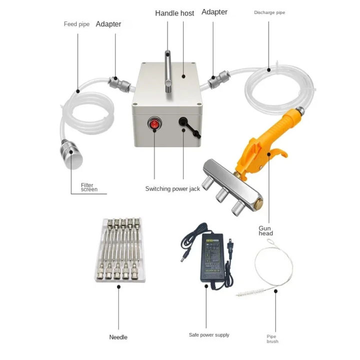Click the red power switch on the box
click(154, 123)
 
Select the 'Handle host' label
click(174, 13)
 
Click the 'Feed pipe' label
click(76, 24)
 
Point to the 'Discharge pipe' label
click(269, 12)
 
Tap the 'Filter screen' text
click(88, 187)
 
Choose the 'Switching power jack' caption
click(172, 189)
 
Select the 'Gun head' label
click(265, 230)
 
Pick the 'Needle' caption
click(118, 337)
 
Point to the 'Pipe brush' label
click(272, 339)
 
